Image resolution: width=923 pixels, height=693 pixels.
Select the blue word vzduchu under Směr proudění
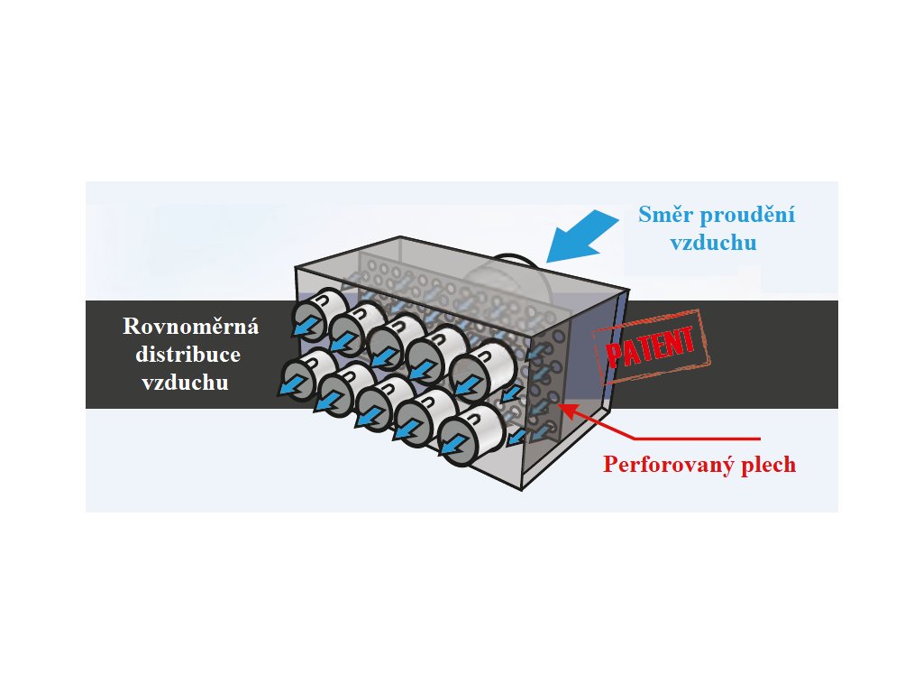(714, 243)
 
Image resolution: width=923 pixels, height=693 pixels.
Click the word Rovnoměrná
(191, 326)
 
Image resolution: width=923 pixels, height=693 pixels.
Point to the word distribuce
(187, 354)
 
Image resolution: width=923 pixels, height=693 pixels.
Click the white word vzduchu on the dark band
(186, 383)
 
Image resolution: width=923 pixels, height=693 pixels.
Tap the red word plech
(765, 465)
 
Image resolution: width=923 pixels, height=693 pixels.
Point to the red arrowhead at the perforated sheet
(566, 410)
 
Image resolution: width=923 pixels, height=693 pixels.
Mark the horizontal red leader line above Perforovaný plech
(698, 439)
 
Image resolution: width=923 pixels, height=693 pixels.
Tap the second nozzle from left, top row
(353, 328)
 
